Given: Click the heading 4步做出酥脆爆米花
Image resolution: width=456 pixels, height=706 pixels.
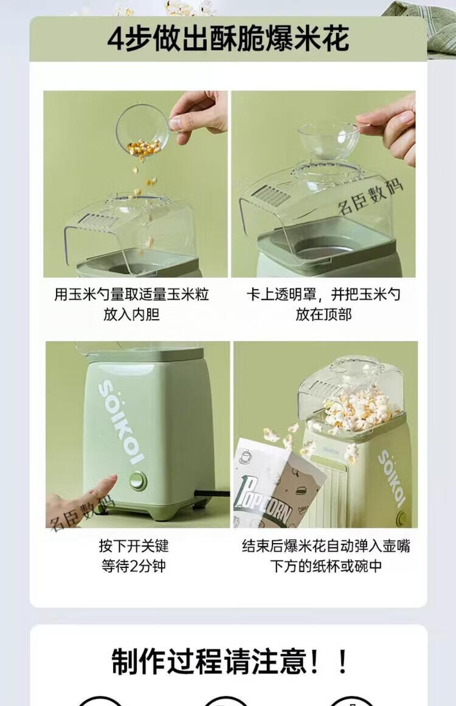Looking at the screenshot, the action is [x=228, y=39].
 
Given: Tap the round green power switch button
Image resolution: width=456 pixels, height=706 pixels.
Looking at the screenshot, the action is [x=138, y=480].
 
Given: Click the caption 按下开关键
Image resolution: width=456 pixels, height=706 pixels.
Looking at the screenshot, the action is [x=134, y=545].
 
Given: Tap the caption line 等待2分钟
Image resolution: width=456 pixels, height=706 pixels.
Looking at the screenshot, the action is [x=134, y=566].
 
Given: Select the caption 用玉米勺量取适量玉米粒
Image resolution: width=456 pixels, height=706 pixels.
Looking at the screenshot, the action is [x=131, y=294].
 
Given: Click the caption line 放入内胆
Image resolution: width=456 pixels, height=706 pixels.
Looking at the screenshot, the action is [x=131, y=314].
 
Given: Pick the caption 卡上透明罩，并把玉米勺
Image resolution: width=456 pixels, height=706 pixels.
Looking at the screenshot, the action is [x=323, y=294].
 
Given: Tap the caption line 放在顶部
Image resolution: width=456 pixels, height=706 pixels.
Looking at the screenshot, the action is [x=323, y=314].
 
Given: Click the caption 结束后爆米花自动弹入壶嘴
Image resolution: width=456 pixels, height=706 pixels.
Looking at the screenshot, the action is [x=326, y=545].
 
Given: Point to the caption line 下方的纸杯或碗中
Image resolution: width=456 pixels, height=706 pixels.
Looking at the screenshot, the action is [x=326, y=566].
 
